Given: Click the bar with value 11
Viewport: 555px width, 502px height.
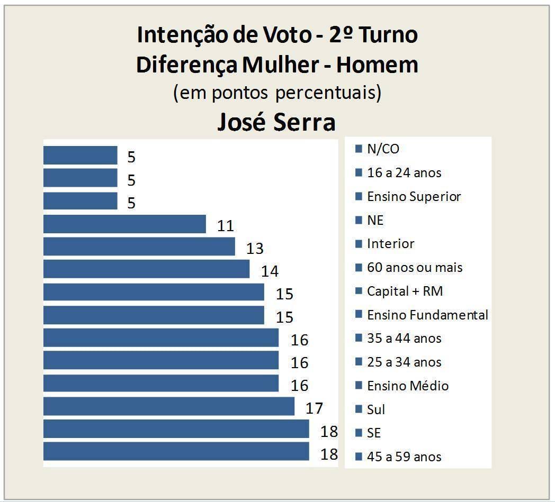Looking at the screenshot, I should (x=124, y=224).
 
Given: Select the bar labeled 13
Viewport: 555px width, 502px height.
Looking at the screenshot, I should (x=139, y=247).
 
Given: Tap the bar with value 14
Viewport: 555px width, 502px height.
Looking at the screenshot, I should (x=146, y=269).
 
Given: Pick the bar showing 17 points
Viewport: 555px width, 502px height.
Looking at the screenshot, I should (x=168, y=406).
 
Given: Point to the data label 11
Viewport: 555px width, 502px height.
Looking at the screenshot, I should (x=226, y=226).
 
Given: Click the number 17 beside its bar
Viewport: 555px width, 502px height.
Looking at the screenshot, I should (x=314, y=408).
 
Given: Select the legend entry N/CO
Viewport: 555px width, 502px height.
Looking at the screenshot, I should (x=383, y=149).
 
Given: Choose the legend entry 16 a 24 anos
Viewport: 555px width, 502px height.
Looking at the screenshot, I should (x=404, y=173).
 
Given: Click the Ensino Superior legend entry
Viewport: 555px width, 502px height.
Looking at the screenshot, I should (x=414, y=197).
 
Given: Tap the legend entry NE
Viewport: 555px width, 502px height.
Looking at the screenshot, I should (x=375, y=220).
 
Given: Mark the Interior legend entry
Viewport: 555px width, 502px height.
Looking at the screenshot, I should (x=390, y=244).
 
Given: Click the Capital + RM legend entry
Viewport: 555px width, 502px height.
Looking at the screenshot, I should (x=405, y=291).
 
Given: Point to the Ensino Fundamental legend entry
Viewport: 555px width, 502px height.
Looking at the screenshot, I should (x=427, y=315).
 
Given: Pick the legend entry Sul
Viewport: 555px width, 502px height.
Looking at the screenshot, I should (x=376, y=409).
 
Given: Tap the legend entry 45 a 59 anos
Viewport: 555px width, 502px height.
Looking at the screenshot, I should (x=404, y=457).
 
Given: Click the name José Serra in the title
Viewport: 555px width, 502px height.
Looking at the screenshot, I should (x=276, y=122).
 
